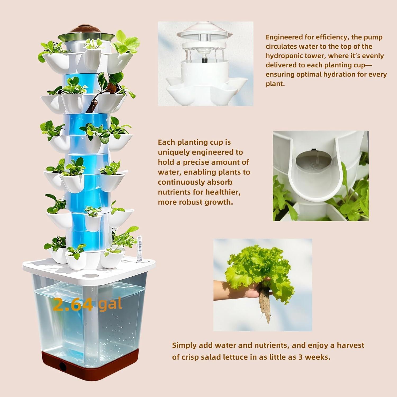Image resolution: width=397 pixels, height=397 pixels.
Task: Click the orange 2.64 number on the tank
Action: point(73,304)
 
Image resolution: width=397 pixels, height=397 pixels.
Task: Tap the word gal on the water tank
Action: point(110,304)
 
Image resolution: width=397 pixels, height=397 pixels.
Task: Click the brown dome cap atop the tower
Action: point(87,29)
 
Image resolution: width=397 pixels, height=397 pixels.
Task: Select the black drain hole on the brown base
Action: point(63,366)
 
